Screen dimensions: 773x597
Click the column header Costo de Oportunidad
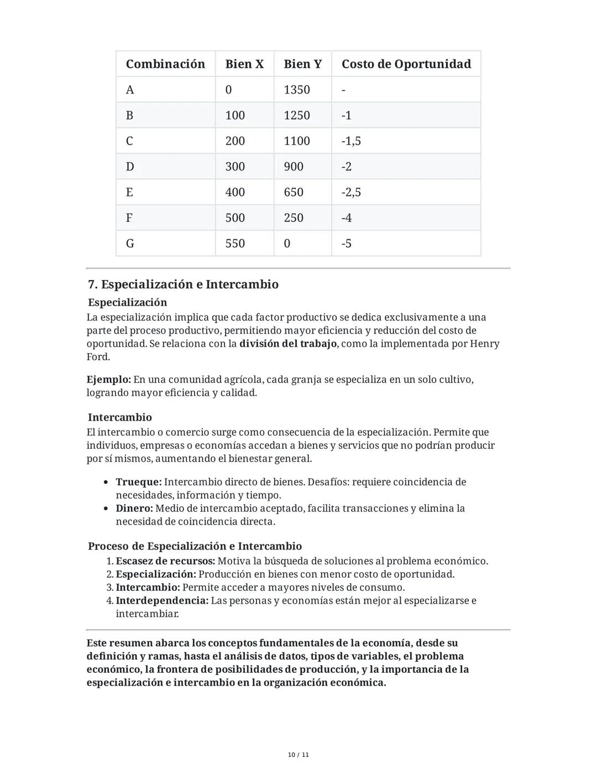click(x=406, y=64)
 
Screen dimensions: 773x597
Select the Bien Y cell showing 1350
click(x=297, y=90)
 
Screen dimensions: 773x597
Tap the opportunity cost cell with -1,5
click(x=351, y=141)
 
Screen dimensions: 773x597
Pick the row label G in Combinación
click(x=130, y=243)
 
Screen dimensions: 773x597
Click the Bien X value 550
click(x=235, y=243)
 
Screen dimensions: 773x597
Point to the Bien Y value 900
click(x=294, y=167)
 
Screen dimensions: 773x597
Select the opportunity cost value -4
click(x=347, y=218)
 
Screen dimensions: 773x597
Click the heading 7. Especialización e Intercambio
click(x=183, y=284)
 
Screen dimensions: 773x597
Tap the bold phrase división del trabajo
click(x=287, y=344)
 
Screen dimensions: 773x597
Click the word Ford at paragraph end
click(x=98, y=357)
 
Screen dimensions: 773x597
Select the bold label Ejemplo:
click(x=108, y=380)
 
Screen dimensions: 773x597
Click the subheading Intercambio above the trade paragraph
click(x=119, y=417)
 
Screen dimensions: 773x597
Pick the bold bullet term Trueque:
click(x=138, y=482)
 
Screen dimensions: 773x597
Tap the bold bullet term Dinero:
click(x=134, y=508)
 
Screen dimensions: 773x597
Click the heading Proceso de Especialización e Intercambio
click(x=195, y=546)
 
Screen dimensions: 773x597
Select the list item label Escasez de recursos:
click(x=165, y=561)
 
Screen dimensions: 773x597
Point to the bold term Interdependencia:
click(x=162, y=600)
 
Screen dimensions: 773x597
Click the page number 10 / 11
click(x=298, y=755)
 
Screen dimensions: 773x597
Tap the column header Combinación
click(x=165, y=64)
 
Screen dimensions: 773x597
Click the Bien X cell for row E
click(x=235, y=192)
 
